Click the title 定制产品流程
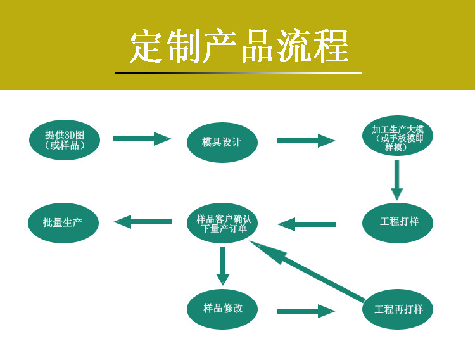pyautogui.click(x=239, y=46)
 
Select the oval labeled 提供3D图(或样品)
pyautogui.click(x=65, y=140)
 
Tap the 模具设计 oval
pyautogui.click(x=222, y=143)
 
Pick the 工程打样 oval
pyautogui.click(x=398, y=222)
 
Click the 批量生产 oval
pyautogui.click(x=63, y=222)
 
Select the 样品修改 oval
pyautogui.click(x=222, y=308)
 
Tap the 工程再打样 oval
pyautogui.click(x=398, y=309)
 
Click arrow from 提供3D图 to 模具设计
pyautogui.click(x=142, y=138)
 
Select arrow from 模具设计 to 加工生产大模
pyautogui.click(x=306, y=141)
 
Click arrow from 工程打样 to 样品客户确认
pyautogui.click(x=307, y=224)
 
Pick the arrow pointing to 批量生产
pyautogui.click(x=142, y=222)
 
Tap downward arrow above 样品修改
pyautogui.click(x=222, y=265)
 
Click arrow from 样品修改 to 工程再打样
pyautogui.click(x=306, y=311)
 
